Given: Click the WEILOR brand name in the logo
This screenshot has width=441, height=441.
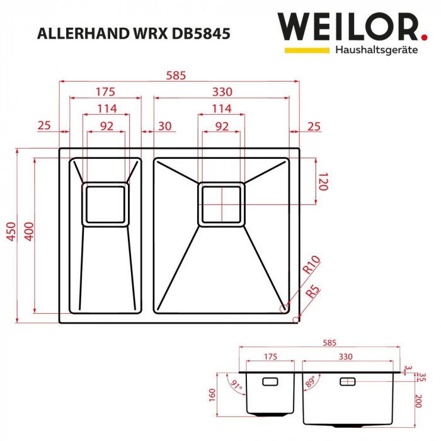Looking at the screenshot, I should click(x=348, y=27).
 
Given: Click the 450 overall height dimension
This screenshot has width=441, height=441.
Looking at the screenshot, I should click(x=11, y=233).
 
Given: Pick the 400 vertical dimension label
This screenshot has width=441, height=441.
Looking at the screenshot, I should click(x=27, y=233).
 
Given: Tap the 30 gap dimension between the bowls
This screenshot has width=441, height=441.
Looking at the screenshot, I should click(x=164, y=126).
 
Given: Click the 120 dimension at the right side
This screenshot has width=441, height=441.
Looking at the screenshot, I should click(x=322, y=182).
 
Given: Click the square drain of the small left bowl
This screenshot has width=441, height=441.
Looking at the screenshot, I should click(x=106, y=204).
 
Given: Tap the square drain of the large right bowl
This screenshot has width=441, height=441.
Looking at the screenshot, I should click(x=221, y=204).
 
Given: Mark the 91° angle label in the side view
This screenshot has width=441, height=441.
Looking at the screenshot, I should click(x=236, y=384).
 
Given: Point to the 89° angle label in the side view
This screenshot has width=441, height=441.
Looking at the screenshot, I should click(x=311, y=382).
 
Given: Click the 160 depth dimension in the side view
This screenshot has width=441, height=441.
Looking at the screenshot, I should click(x=212, y=395).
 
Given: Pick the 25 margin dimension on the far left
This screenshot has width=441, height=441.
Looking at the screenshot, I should click(x=43, y=126).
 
